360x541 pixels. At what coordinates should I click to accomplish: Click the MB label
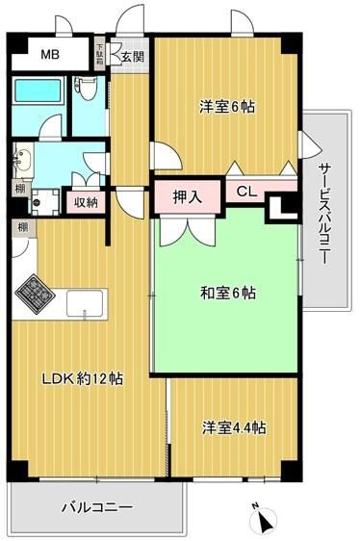pos(49,55)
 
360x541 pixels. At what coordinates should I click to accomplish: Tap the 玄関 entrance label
pos(133,57)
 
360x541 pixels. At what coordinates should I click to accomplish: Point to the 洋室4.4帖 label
pos(234,426)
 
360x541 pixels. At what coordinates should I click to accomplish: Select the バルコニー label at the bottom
pos(96,506)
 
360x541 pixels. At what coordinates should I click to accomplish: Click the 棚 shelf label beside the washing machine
pos(19,189)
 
